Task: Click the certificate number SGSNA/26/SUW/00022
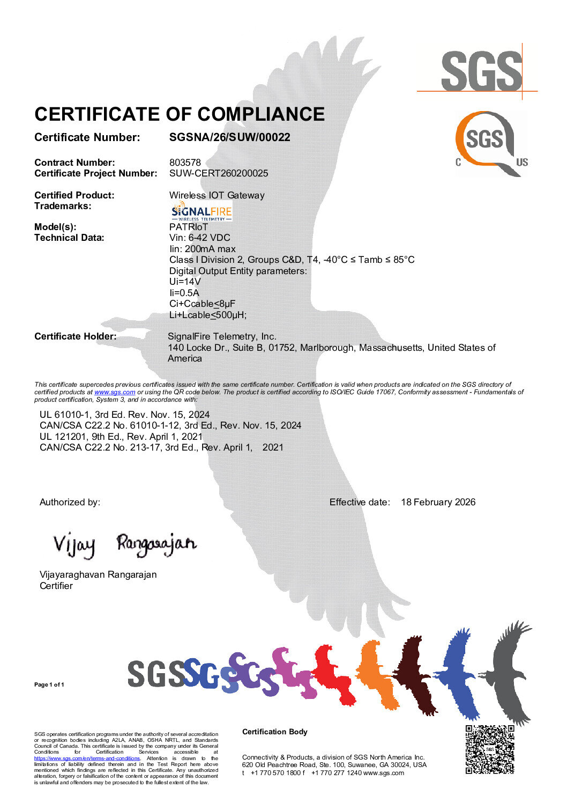pyautogui.click(x=229, y=137)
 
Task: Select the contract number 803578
pyautogui.click(x=185, y=163)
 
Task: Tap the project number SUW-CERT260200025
pyautogui.click(x=219, y=173)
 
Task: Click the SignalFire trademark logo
pyautogui.click(x=201, y=211)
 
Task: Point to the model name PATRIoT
pyautogui.click(x=189, y=227)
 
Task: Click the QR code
pyautogui.click(x=490, y=749)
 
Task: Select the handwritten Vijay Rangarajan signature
pyautogui.click(x=124, y=544)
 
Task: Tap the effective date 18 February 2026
pyautogui.click(x=438, y=502)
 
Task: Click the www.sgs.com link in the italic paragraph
pyautogui.click(x=115, y=392)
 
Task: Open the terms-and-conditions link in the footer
pyautogui.click(x=87, y=758)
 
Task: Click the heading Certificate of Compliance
pyautogui.click(x=180, y=114)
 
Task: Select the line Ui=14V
pyautogui.click(x=185, y=282)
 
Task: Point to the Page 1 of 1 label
pyautogui.click(x=49, y=684)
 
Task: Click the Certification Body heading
pyautogui.click(x=275, y=732)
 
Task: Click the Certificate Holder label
pyautogui.click(x=75, y=336)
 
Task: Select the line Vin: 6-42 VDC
pyautogui.click(x=199, y=238)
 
